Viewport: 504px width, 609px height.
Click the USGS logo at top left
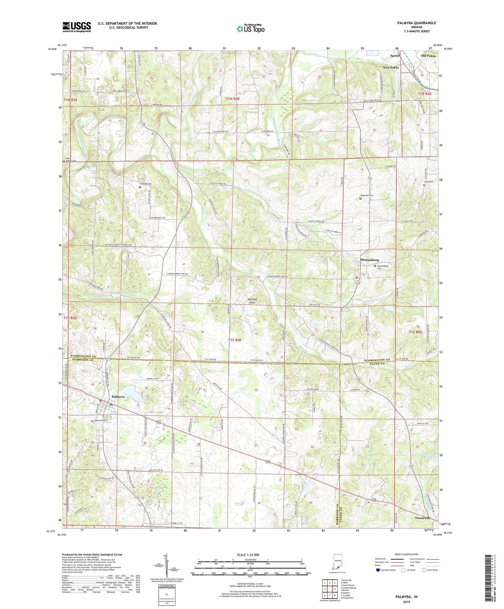(x=76, y=27)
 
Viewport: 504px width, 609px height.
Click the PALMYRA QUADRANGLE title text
(x=416, y=23)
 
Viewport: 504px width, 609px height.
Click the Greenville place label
(x=423, y=518)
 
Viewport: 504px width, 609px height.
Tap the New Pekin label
(x=390, y=68)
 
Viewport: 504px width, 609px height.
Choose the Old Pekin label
(x=428, y=56)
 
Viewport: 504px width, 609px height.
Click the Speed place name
(x=394, y=56)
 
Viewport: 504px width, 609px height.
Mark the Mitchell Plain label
(x=252, y=301)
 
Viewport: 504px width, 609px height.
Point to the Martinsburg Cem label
(x=384, y=267)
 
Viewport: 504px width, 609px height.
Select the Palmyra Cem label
(x=100, y=421)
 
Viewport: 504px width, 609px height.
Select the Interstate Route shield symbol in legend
(x=379, y=570)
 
